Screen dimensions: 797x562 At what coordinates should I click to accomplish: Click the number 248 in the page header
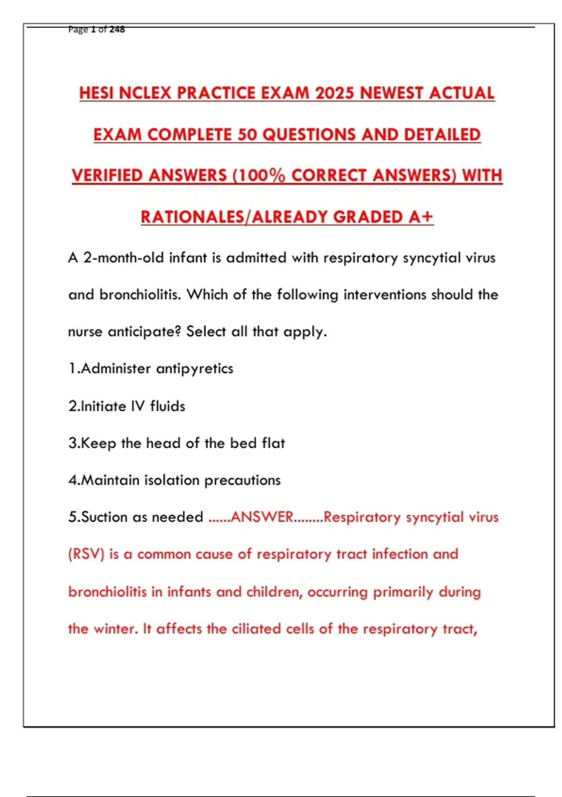coord(117,30)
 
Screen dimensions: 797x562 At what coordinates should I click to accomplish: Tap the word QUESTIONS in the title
coord(309,135)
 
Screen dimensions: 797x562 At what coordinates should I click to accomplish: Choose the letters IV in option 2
coord(138,406)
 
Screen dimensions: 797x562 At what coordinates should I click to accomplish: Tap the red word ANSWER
coord(262,517)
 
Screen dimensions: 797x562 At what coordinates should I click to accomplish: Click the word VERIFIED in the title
coord(107,176)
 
